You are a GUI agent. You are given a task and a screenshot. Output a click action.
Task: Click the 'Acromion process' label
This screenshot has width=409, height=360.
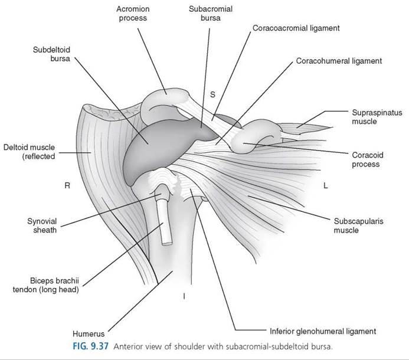point(133,14)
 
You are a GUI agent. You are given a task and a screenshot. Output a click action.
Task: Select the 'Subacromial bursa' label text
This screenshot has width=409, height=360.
point(211,14)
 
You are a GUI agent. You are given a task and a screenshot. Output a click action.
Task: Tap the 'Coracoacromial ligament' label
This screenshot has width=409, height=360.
point(296,28)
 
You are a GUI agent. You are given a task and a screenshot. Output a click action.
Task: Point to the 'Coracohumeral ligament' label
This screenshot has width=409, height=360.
point(339,61)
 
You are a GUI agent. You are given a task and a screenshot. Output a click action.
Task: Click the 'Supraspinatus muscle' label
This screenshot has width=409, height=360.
point(377,117)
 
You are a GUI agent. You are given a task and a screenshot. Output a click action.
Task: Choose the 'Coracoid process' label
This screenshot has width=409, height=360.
point(368,159)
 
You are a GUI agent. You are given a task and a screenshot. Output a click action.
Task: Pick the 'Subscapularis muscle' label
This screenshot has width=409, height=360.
point(358,225)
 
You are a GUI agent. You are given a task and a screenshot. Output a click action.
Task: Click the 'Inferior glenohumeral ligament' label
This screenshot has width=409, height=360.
point(323,331)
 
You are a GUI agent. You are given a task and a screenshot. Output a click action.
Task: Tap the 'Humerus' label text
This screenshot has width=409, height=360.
point(89,333)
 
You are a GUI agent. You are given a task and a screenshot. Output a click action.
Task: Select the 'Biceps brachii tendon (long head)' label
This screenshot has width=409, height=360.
point(46,285)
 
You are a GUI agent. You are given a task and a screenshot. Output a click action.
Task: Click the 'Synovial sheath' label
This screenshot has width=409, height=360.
point(42,225)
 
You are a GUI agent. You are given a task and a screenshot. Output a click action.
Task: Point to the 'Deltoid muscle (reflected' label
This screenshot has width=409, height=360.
point(30,152)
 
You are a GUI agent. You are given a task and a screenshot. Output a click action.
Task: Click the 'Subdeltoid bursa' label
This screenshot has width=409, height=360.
point(52,54)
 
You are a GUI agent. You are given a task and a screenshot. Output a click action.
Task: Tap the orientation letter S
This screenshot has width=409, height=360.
point(213,94)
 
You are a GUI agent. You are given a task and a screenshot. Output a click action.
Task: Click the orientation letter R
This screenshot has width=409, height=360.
point(67,185)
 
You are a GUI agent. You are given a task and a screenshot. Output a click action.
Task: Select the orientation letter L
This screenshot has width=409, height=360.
point(325,185)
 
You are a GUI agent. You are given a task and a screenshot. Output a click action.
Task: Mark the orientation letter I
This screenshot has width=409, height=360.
point(184,296)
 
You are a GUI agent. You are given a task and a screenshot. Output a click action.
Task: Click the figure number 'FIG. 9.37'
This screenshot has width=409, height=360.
point(90,346)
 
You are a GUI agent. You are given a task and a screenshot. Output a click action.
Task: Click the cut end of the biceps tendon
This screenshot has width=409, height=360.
point(168,244)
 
